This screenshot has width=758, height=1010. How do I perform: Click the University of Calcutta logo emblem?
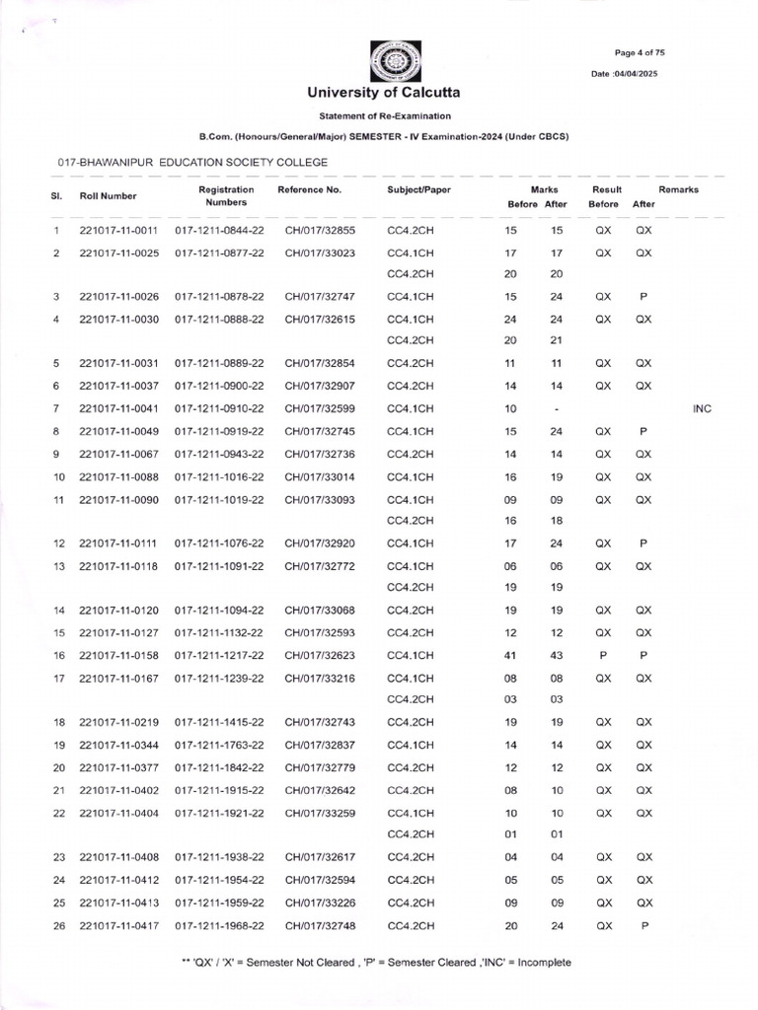coord(395,60)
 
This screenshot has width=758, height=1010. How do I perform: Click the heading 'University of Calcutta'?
coord(383,93)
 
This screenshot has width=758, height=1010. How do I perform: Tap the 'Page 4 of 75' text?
coord(645,52)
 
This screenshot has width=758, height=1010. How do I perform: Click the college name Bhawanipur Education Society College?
coord(192,161)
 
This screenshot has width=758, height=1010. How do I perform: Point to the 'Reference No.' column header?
coord(310,189)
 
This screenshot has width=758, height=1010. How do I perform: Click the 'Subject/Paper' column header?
coord(418,189)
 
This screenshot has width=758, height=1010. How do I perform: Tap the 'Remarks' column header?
coord(678,189)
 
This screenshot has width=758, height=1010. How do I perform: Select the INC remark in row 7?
coord(702,408)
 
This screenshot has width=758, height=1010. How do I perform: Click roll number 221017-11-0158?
coord(119,656)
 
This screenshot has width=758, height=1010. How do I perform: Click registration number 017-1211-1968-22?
coord(219,926)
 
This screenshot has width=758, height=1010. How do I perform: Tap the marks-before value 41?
coord(510,656)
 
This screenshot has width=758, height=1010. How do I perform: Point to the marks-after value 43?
coord(557,656)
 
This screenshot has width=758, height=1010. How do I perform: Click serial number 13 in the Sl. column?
coord(58,566)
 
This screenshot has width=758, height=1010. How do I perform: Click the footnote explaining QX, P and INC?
coord(380,963)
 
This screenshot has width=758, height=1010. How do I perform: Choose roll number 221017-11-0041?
coord(119,408)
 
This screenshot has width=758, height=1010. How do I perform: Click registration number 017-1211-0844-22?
coord(219,231)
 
